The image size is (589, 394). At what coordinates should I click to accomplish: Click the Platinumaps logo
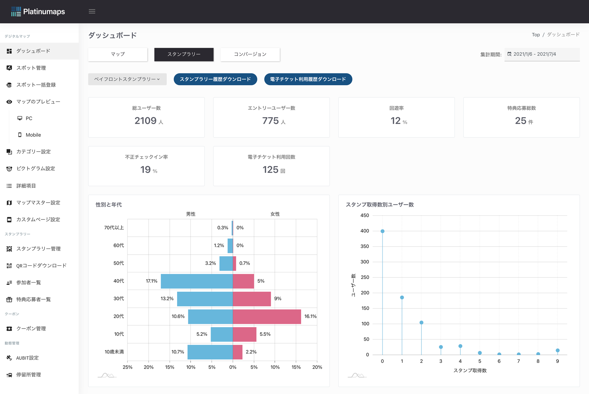coord(38,11)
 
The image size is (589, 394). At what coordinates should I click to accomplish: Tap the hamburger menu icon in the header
coord(92,11)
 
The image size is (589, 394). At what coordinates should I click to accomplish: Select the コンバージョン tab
coord(250,54)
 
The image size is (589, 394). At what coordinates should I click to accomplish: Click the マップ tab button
coord(118,54)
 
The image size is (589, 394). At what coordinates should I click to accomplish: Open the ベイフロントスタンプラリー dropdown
coord(127,79)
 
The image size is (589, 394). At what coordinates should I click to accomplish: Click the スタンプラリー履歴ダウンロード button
coord(215,79)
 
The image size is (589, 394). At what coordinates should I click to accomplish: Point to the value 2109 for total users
coord(146,121)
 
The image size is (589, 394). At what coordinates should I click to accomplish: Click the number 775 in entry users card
coord(271,121)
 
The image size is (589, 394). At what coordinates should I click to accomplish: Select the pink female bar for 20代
coord(267,316)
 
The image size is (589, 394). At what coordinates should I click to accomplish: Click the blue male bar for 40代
coord(197,281)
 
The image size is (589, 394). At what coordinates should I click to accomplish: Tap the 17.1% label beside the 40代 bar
coord(151,281)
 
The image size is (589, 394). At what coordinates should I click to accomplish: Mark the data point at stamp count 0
coord(382,231)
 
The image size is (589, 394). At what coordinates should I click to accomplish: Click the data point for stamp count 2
coord(422,323)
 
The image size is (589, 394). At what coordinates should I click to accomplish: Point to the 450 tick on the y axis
coord(364,215)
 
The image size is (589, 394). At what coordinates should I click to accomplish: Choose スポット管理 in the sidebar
coord(31,68)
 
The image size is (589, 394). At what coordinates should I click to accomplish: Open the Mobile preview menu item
coord(33,135)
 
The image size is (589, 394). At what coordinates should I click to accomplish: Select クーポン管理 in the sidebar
coord(31,329)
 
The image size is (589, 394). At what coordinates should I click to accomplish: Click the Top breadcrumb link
coord(536,35)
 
